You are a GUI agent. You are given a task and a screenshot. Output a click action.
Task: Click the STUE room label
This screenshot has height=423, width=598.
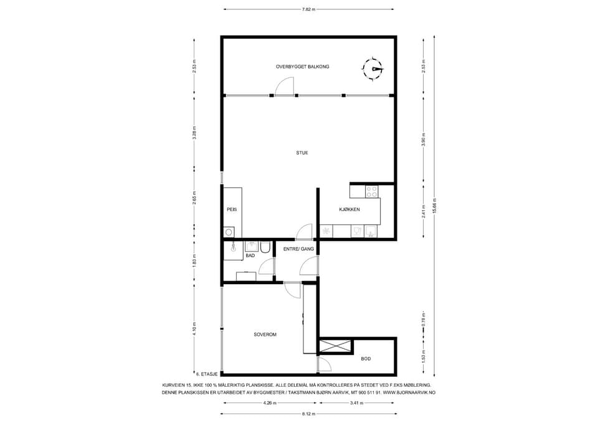tap(302, 153)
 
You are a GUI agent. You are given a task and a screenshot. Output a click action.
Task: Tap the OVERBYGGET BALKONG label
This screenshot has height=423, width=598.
tap(303, 67)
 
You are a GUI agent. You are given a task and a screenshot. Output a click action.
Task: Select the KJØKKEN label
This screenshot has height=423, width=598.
tap(349, 209)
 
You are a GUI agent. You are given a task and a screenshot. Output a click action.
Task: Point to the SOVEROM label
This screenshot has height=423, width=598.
tap(265, 335)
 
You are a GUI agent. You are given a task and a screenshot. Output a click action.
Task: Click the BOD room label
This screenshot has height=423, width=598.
tap(366, 359)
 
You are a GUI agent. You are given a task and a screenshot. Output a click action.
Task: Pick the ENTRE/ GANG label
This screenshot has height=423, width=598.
tap(298, 249)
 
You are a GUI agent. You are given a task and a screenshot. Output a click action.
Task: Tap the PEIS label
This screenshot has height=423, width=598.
tap(232, 209)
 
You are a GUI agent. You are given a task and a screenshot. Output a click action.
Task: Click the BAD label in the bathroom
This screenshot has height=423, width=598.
tap(250, 255)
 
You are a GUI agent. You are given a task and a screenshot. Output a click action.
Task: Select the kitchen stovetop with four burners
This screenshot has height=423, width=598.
tap(372, 191)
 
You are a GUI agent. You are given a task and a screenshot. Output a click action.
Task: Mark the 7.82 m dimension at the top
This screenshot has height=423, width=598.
tap(308, 9)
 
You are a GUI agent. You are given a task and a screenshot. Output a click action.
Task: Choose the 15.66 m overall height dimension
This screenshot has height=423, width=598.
tap(434, 206)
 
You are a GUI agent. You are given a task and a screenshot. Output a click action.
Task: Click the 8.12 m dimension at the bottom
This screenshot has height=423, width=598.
tap(308, 414)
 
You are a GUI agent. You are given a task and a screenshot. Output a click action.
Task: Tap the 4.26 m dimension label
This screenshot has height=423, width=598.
tap(270, 403)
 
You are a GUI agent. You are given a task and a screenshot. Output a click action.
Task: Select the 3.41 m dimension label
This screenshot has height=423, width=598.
tap(357, 403)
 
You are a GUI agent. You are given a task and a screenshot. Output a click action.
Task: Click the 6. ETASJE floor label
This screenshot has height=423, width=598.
tap(207, 374)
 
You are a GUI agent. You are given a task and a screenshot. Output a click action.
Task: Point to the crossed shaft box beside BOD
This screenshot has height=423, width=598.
tap(335, 346)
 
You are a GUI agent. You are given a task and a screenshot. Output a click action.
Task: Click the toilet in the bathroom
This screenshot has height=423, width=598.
tap(265, 247)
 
